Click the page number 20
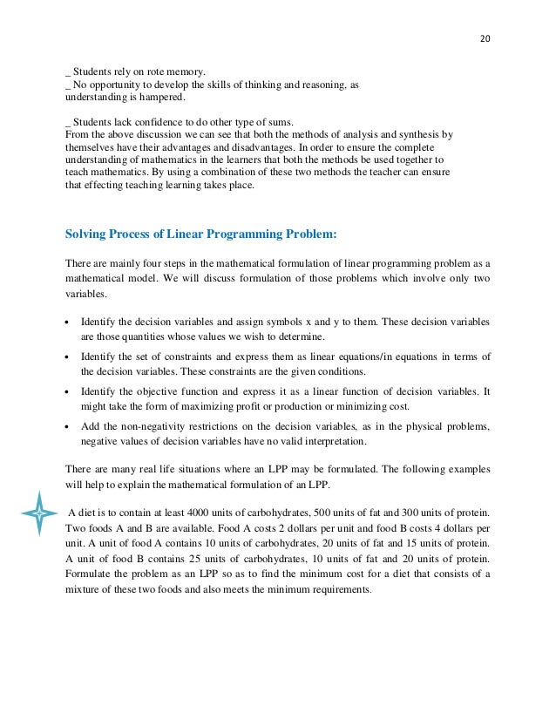point(485,39)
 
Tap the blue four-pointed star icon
point(39,514)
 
